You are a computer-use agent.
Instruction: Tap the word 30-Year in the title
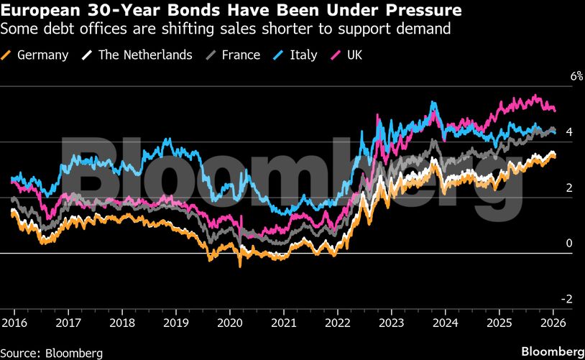(111, 11)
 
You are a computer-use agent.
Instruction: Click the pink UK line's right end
(555, 110)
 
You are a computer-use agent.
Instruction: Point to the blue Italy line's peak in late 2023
(433, 102)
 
